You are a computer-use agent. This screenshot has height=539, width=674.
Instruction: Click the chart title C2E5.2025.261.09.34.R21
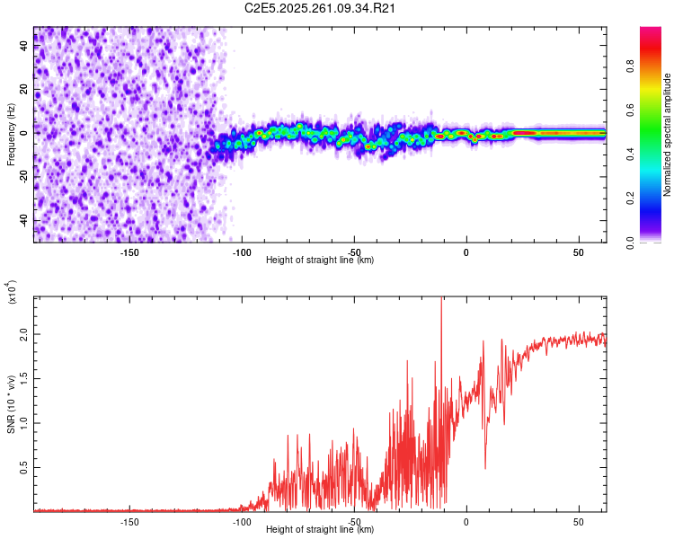pyautogui.click(x=321, y=9)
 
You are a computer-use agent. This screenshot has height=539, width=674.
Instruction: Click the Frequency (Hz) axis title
pyautogui.click(x=12, y=135)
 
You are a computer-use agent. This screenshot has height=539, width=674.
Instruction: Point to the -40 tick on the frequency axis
pyautogui.click(x=24, y=220)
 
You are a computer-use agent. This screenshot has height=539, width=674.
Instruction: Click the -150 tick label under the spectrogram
pyautogui.click(x=129, y=252)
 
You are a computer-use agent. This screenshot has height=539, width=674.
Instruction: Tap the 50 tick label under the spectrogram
pyautogui.click(x=579, y=252)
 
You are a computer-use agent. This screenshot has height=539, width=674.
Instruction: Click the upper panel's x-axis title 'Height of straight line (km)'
pyautogui.click(x=320, y=261)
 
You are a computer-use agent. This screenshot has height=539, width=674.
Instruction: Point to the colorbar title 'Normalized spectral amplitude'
pyautogui.click(x=667, y=135)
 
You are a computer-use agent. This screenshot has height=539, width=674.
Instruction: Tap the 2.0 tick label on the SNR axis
pyautogui.click(x=24, y=333)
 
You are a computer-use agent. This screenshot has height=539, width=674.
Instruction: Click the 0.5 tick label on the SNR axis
pyautogui.click(x=24, y=467)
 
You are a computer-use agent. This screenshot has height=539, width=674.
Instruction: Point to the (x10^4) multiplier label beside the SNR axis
pyautogui.click(x=13, y=292)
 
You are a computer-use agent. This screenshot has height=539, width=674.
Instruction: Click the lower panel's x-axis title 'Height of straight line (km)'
pyautogui.click(x=320, y=530)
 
